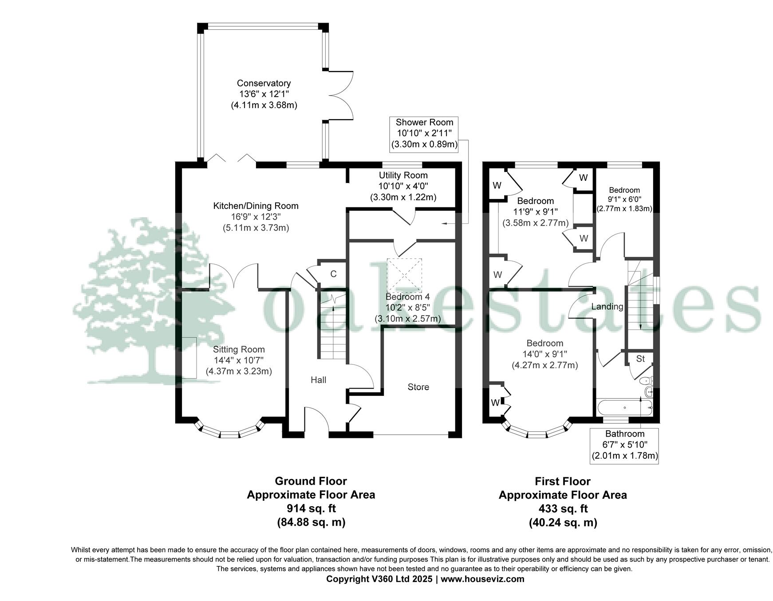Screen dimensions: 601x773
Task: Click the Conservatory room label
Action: pos(264,83)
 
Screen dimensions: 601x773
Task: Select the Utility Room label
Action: pos(403,176)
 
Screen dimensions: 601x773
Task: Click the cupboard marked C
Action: pos(333,274)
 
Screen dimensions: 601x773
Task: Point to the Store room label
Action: pos(418,387)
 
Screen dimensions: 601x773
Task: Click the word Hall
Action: pos(318,380)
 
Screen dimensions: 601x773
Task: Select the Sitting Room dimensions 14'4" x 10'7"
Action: pos(239,360)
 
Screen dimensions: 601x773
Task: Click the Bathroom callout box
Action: pos(624,445)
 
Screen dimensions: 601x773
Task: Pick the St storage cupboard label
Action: pos(640,359)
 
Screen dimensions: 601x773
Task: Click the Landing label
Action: pos(607,307)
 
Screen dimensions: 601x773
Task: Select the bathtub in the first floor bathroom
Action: pos(624,407)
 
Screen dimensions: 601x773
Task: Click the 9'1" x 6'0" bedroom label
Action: pos(624,199)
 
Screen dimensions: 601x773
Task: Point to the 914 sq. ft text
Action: pos(311,508)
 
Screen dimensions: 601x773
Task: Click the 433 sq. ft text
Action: pos(563,509)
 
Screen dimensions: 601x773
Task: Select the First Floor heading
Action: pos(563,481)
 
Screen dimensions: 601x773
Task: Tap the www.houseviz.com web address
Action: pos(482,579)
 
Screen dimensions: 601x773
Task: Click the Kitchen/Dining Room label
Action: pos(256,206)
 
